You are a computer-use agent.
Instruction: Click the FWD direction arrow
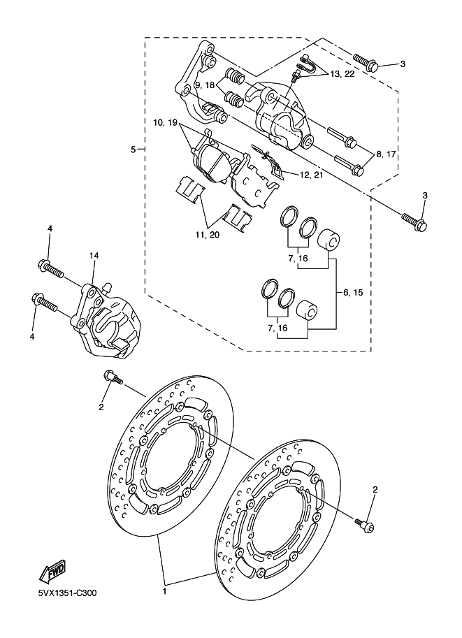[x=52, y=570]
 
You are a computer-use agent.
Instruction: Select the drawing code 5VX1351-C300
[x=68, y=593]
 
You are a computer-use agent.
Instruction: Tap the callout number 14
[x=94, y=256]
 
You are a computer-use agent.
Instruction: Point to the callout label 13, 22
[x=342, y=74]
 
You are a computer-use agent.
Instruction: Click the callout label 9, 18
[x=204, y=85]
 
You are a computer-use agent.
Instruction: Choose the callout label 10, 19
[x=165, y=122]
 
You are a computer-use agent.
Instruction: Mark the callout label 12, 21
[x=312, y=175]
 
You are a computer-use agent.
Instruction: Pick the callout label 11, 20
[x=207, y=234]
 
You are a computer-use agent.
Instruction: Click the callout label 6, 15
[x=353, y=293]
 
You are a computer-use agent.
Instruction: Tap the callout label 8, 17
[x=386, y=154]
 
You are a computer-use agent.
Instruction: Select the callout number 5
[x=133, y=150]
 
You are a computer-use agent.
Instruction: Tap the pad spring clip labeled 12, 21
[x=268, y=161]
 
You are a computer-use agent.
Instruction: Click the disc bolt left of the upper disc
[x=113, y=376]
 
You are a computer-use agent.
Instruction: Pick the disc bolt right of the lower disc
[x=364, y=525]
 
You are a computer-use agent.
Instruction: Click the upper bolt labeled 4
[x=51, y=268]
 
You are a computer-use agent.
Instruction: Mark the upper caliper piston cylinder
[x=329, y=241]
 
